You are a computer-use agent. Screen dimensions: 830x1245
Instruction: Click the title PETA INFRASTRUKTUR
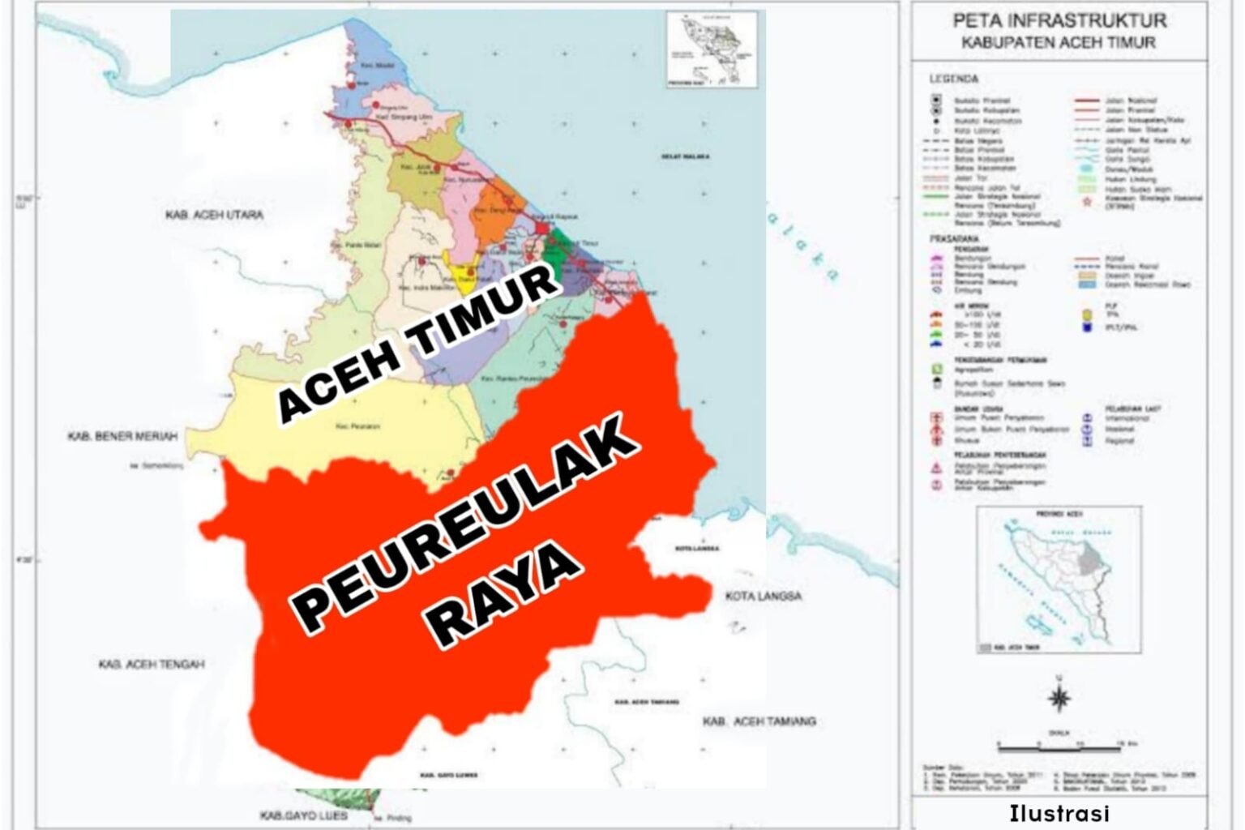point(1059,20)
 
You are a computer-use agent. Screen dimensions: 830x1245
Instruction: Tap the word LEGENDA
point(954,79)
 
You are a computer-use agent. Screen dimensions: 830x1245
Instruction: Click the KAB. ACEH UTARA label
point(214,215)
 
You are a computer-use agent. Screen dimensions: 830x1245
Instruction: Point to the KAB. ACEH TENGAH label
point(152,665)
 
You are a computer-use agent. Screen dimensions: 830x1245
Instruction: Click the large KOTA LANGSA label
point(763,597)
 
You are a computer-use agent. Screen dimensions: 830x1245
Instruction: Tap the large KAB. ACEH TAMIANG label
point(759,721)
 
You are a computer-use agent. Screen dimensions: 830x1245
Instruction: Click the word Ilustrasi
point(1059,813)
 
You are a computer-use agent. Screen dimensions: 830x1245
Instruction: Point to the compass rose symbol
point(1059,697)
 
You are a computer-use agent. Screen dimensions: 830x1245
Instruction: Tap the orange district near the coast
point(494,213)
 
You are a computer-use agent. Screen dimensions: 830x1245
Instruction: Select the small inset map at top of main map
point(712,49)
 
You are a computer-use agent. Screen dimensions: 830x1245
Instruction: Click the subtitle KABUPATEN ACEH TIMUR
point(1059,43)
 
